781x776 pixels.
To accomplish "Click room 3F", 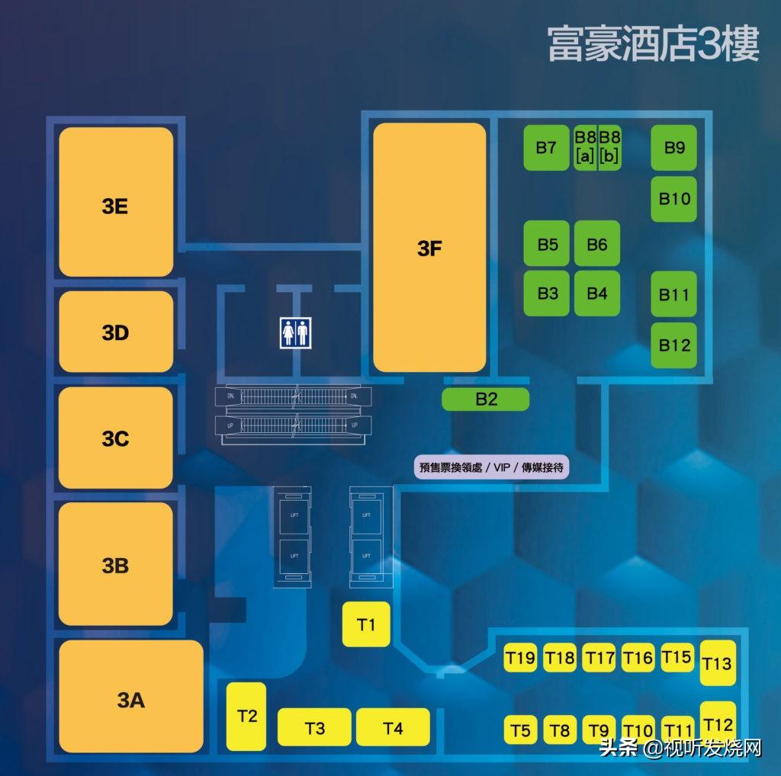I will (429, 248).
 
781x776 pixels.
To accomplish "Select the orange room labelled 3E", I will (116, 202).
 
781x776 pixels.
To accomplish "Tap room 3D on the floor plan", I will (116, 332).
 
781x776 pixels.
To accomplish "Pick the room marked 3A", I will (131, 698).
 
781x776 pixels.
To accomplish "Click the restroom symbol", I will (295, 332).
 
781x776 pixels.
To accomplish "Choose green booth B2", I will (486, 399).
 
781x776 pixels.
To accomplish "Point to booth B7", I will (546, 147).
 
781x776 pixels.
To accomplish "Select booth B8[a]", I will (585, 147).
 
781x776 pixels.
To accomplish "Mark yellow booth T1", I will (367, 624).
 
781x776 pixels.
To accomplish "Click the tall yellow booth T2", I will (246, 716).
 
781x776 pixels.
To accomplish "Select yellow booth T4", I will (394, 727).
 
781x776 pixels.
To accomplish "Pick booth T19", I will (521, 657).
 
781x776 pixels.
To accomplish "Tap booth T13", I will (717, 662).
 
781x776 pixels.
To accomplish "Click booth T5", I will (520, 730).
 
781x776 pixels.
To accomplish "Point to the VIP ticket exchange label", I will (491, 467).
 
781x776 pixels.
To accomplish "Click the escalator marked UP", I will (294, 423).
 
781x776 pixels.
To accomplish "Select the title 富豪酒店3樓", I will (653, 43).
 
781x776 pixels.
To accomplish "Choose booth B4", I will (597, 293).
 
